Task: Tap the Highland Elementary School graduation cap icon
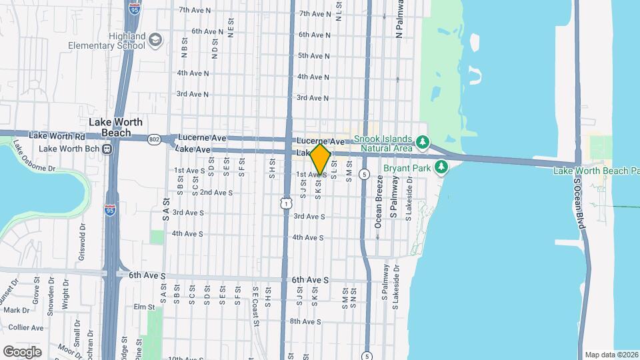coord(155,40)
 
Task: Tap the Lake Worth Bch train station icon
coord(106,149)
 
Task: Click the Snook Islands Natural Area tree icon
coord(421,142)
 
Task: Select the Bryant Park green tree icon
coord(441,167)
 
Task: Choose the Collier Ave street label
coord(27,327)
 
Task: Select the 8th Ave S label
coord(307,321)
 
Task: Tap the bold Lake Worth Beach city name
coord(110,127)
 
